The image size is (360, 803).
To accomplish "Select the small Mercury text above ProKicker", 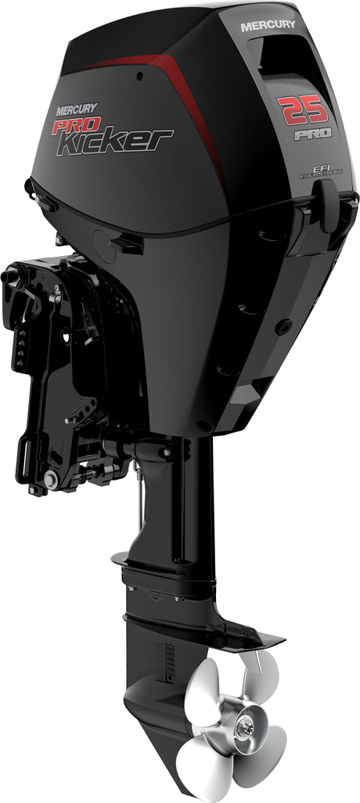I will pos(68,110).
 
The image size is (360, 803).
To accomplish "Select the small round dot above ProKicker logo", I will pos(139,77).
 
